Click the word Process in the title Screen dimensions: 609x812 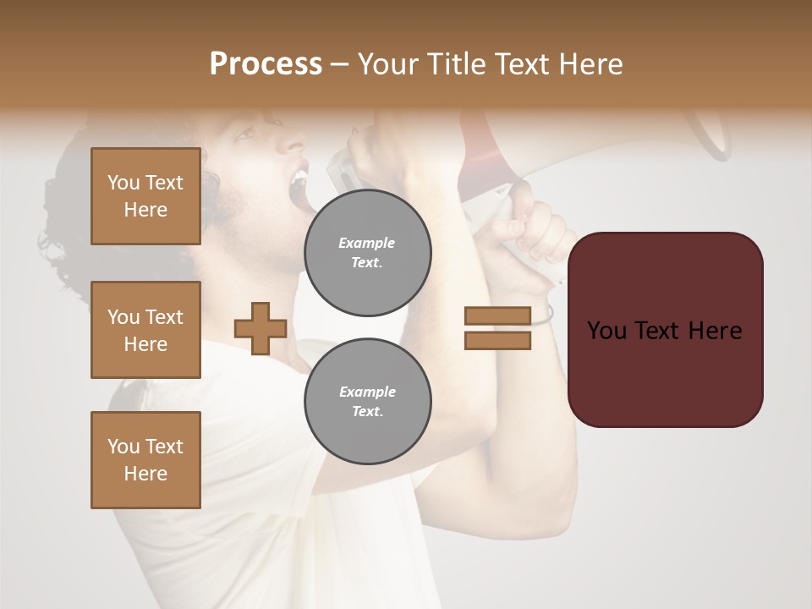(266, 64)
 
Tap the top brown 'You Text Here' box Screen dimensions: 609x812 (145, 196)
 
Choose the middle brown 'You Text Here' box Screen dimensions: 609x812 (145, 330)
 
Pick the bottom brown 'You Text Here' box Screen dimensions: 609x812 (145, 459)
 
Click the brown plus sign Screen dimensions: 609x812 (261, 328)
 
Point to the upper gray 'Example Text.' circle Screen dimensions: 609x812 (368, 253)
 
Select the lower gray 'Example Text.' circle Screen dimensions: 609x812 (368, 401)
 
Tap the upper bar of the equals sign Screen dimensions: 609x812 (497, 316)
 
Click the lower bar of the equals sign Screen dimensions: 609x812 (497, 340)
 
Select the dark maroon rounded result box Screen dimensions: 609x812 (665, 330)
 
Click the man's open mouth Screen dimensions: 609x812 (298, 188)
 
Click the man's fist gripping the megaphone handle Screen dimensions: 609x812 (529, 228)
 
